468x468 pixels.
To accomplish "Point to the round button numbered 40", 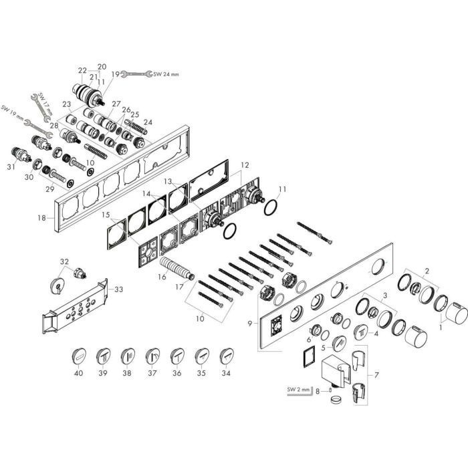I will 80,354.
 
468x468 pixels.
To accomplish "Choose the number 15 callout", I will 106,215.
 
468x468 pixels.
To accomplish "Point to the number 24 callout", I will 148,122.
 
